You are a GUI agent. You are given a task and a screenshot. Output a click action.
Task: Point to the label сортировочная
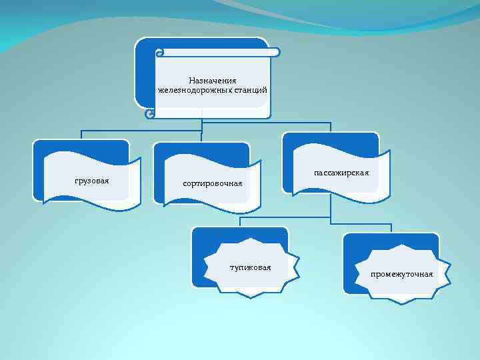coord(212,182)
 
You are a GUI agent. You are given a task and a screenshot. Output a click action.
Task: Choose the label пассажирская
coord(341,173)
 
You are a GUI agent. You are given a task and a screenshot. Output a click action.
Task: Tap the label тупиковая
coord(250,268)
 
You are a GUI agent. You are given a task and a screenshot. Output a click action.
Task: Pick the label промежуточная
coord(403,274)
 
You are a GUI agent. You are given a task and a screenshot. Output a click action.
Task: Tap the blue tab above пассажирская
coord(330,141)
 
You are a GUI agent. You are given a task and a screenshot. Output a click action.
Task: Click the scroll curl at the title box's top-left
coord(158,53)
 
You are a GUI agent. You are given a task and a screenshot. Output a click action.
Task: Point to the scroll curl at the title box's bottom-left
coord(150,115)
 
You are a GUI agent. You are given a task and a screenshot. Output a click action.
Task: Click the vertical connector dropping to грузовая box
coord(81,133)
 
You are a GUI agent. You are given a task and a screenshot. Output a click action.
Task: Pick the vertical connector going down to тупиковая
coord(240,222)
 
